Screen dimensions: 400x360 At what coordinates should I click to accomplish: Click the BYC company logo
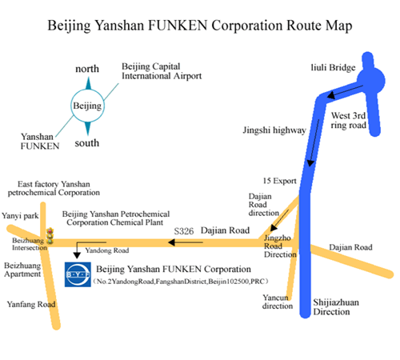tap(78, 274)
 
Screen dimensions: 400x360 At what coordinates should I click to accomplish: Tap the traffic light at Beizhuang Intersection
tap(50, 236)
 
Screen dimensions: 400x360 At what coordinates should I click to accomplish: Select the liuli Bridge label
tap(333, 68)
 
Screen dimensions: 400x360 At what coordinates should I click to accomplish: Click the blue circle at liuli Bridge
tap(371, 80)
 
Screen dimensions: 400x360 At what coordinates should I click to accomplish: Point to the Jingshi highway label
tap(274, 130)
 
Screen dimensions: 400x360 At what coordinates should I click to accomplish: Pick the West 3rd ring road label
tap(348, 120)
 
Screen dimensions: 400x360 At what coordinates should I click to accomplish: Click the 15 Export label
tap(279, 181)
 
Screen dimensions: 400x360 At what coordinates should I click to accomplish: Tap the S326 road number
tap(184, 231)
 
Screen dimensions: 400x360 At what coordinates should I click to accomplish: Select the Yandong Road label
tap(107, 250)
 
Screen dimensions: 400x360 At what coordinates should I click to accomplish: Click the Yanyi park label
tap(20, 216)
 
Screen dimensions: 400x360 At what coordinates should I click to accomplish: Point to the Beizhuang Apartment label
tap(22, 270)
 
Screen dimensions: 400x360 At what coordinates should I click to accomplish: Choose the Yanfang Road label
tap(31, 304)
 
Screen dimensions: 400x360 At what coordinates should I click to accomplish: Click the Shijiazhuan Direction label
tap(336, 307)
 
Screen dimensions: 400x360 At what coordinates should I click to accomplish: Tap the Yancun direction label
tap(278, 302)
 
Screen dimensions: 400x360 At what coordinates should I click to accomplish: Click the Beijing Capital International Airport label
tap(162, 71)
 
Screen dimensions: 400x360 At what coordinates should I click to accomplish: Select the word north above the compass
tap(87, 69)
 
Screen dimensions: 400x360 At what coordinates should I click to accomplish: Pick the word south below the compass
tap(87, 143)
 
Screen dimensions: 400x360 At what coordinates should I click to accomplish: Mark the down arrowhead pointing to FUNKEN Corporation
tap(77, 255)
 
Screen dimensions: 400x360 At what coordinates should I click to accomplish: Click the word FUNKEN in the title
tap(178, 26)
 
